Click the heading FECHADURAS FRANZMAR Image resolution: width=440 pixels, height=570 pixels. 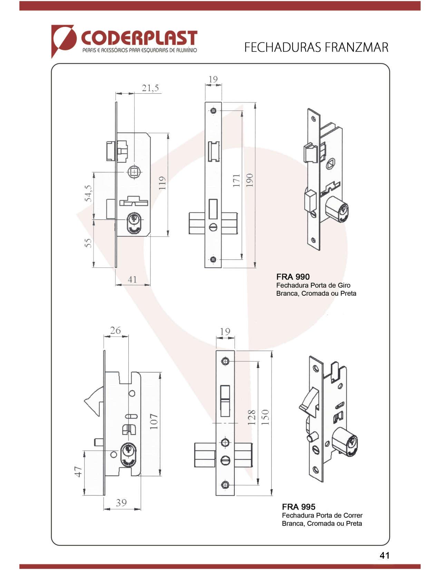tap(316, 47)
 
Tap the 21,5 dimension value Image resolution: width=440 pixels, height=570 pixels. tap(150, 88)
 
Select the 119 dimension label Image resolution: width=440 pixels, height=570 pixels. tap(162, 183)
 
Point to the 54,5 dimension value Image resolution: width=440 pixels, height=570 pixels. tap(88, 193)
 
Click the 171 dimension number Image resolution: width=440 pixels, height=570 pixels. tap(236, 180)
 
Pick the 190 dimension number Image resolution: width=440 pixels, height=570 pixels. tap(250, 180)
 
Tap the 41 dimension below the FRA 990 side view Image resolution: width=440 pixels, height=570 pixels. tap(133, 279)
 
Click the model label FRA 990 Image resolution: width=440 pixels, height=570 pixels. tap(293, 277)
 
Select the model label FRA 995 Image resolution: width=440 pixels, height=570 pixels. tap(299, 507)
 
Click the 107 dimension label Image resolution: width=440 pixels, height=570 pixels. tap(154, 421)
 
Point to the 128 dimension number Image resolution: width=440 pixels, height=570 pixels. tap(252, 417)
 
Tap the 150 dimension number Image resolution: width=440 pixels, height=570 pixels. tap(265, 417)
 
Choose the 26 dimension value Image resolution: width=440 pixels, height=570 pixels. tap(116, 331)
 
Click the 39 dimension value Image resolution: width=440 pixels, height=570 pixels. tap(121, 503)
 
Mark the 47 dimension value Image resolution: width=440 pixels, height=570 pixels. tap(79, 472)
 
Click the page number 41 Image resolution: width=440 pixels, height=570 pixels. tap(384, 555)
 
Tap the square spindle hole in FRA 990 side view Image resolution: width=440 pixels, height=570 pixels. tap(134, 172)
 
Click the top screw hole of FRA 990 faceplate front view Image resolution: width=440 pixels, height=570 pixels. tap(213, 111)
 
